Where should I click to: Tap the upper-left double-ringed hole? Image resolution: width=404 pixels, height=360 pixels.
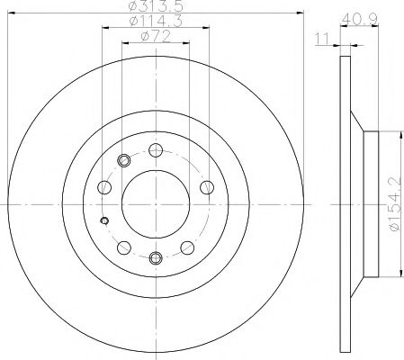(x=124, y=161)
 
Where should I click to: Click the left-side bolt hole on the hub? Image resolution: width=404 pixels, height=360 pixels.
(x=104, y=188)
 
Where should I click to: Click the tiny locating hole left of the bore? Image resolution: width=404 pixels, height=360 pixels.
(x=105, y=222)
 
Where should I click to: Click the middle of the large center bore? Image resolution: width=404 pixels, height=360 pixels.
(x=156, y=204)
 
